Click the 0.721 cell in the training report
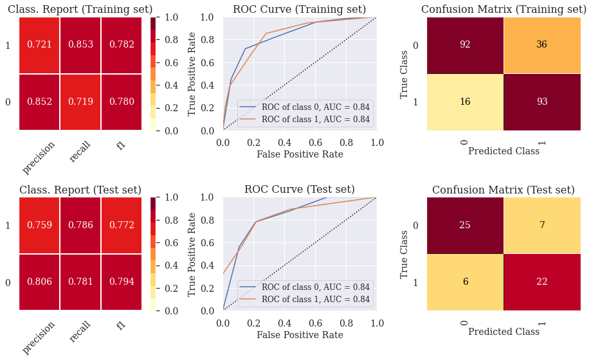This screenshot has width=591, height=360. (39, 45)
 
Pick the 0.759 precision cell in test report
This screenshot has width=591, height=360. (39, 225)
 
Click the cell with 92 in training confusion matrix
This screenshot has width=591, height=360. (465, 45)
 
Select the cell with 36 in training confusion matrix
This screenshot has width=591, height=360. (541, 45)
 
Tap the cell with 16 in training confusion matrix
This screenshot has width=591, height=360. (465, 102)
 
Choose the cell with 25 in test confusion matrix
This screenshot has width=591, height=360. (465, 225)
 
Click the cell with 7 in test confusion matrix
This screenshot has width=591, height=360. (541, 225)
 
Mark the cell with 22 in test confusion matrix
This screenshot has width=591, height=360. (541, 282)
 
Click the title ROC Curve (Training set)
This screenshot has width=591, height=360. (299, 9)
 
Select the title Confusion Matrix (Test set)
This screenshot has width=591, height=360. (503, 190)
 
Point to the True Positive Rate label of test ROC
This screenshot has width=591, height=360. (192, 253)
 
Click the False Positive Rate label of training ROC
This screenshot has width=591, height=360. (299, 154)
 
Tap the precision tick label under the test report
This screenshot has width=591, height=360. (39, 337)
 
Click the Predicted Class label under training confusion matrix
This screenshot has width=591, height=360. (503, 151)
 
